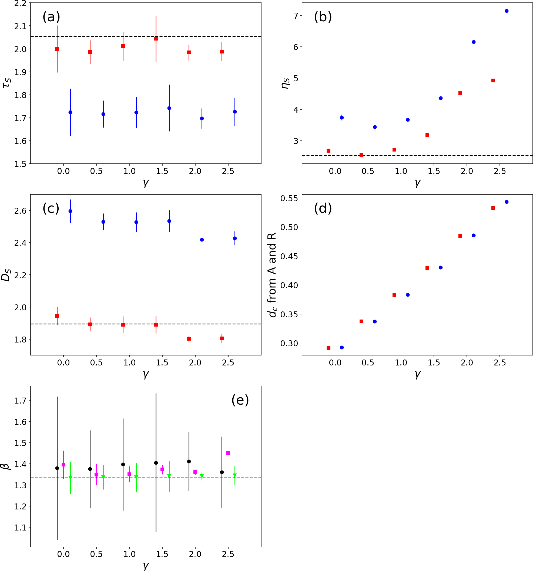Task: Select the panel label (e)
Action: [x=240, y=400]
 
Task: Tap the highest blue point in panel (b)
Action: [x=507, y=11]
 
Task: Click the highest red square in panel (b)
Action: [x=493, y=80]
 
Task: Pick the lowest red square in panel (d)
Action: [x=328, y=348]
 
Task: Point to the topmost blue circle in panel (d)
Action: [x=507, y=202]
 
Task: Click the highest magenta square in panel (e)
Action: [x=228, y=453]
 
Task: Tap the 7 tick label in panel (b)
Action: [x=296, y=15]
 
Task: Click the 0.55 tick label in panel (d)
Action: [x=290, y=198]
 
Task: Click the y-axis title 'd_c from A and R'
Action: [x=272, y=275]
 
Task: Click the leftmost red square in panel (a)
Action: [x=57, y=49]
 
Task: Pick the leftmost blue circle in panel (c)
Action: [x=71, y=211]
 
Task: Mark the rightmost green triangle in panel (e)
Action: [x=235, y=476]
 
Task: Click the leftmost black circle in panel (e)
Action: [x=57, y=468]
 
